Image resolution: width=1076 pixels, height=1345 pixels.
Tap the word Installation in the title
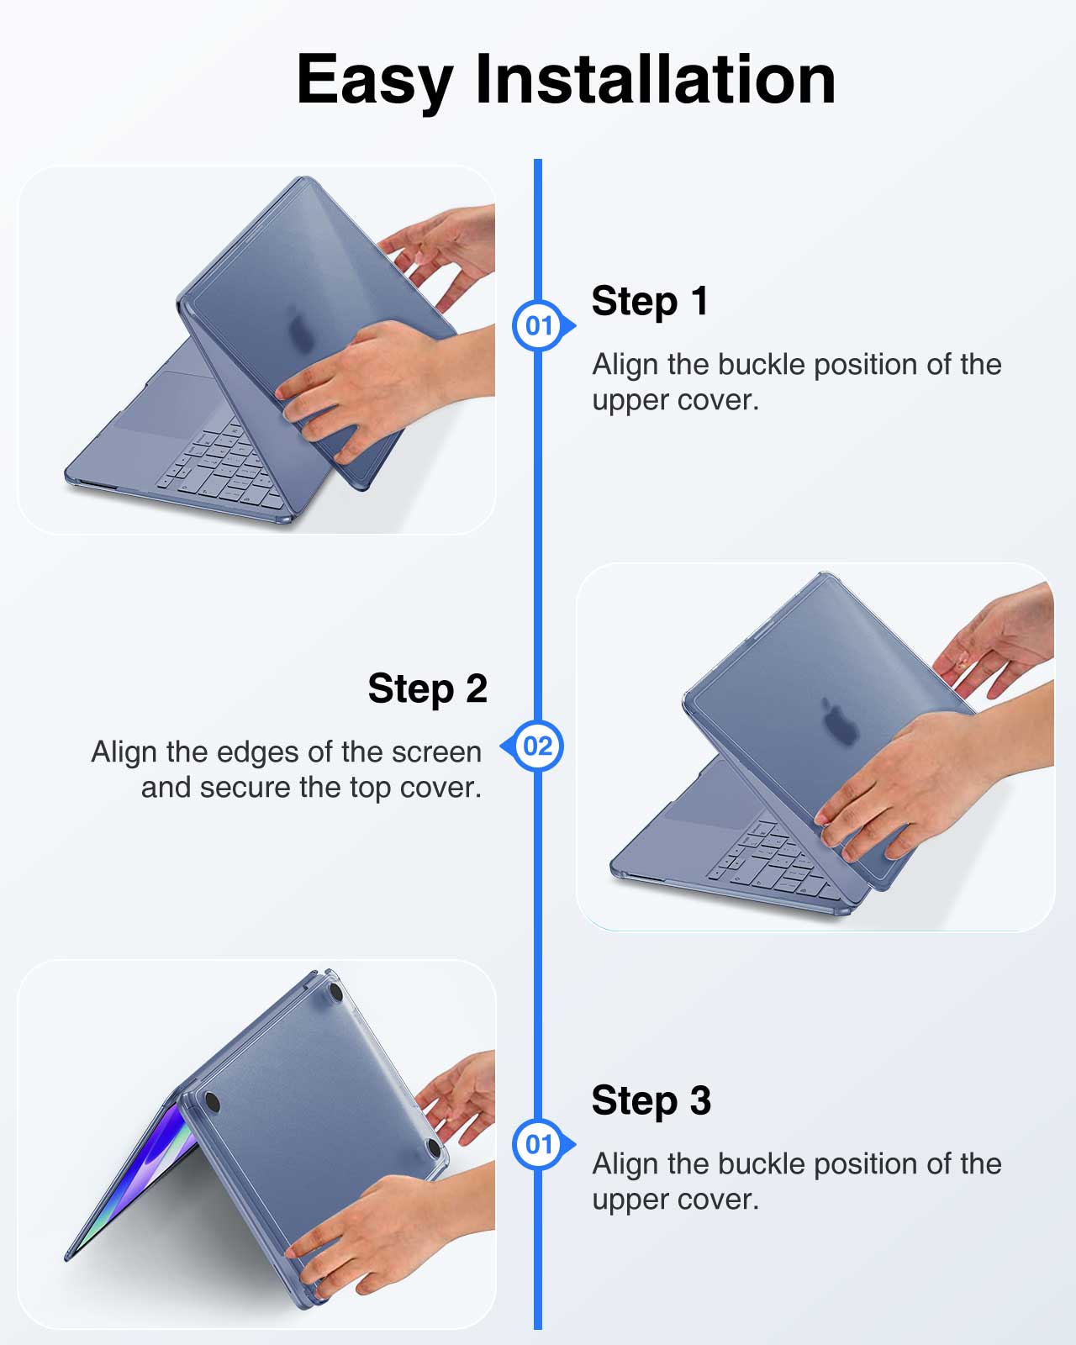coord(655,79)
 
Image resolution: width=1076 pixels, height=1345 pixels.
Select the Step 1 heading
coord(650,301)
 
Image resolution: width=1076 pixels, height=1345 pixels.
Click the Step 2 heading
coord(428,688)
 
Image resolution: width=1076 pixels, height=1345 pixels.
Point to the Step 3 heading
coord(651,1100)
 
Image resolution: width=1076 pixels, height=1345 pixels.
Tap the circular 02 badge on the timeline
coord(537,746)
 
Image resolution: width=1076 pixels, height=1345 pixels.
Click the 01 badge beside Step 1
coord(538,325)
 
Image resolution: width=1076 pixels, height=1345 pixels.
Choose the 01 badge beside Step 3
coord(538,1144)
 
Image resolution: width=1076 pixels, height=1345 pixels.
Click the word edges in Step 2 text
coord(252,753)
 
